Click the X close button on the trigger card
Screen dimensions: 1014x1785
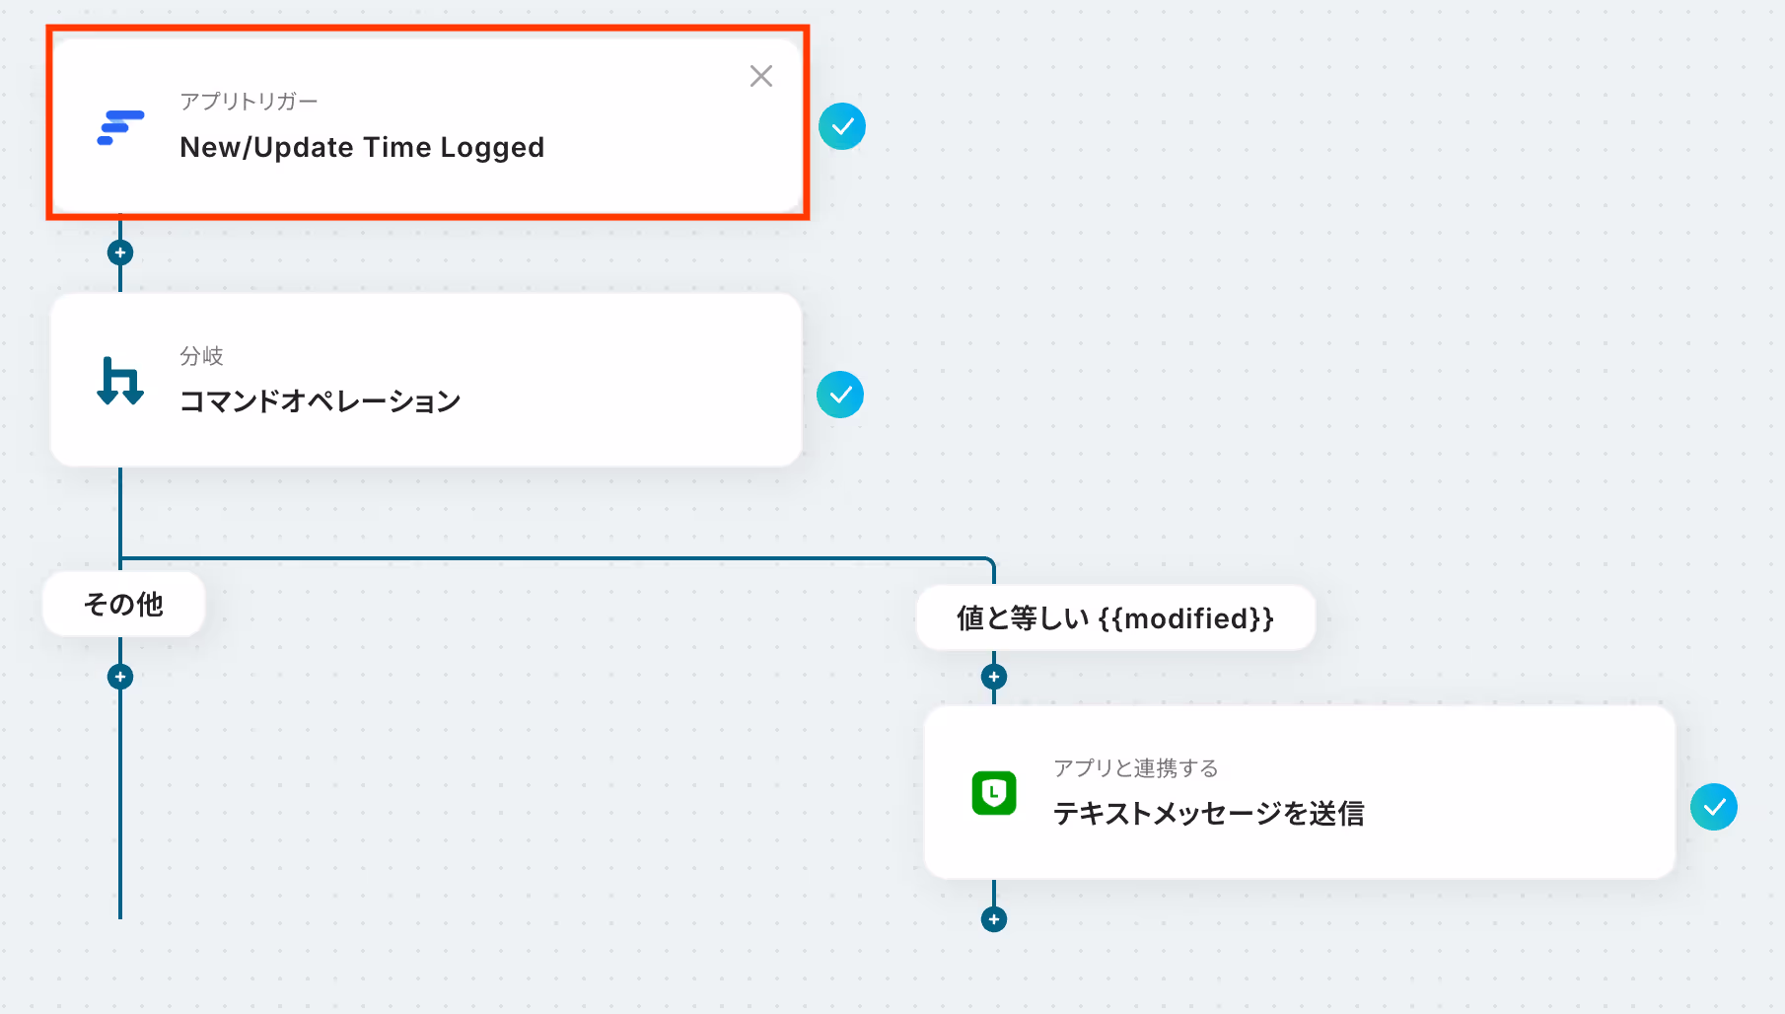click(x=760, y=76)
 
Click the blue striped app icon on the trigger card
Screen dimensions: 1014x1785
click(x=120, y=128)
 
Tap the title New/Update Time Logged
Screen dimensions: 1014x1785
click(x=362, y=147)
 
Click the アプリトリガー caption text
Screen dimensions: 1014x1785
click(x=249, y=102)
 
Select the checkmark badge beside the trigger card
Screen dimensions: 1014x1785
click(x=842, y=126)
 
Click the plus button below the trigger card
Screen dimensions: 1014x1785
click(x=120, y=253)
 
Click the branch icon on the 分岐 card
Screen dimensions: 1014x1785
click(x=120, y=381)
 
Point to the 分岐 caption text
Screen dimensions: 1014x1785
click(x=201, y=356)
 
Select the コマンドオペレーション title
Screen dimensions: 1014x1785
click(x=320, y=401)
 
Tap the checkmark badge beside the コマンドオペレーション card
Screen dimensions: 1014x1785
click(x=840, y=395)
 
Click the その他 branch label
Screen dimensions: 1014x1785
click(x=123, y=604)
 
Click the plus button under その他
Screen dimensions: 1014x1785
click(x=120, y=677)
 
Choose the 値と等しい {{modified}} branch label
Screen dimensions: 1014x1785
click(x=1114, y=618)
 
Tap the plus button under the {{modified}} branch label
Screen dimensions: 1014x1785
click(x=994, y=677)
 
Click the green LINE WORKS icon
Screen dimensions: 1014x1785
click(x=994, y=793)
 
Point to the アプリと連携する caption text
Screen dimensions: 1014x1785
click(x=1135, y=768)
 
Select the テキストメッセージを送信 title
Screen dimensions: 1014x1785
click(x=1208, y=814)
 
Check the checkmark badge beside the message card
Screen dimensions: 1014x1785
click(x=1714, y=807)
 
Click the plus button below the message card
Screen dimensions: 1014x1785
click(x=994, y=919)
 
